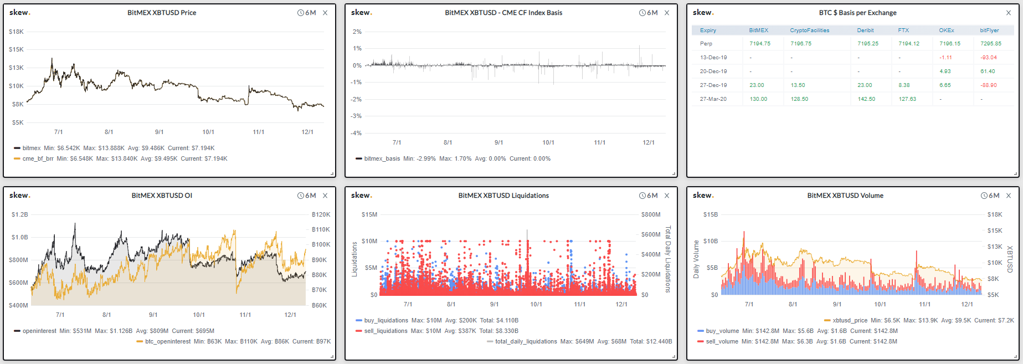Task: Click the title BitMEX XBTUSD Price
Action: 162,13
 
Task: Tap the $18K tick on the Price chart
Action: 16,32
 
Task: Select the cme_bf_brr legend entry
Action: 38,158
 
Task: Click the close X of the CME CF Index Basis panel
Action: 667,13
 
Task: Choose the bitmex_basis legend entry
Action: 382,158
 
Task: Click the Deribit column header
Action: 865,30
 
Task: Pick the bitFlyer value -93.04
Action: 988,58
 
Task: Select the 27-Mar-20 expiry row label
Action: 713,99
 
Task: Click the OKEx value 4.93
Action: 945,71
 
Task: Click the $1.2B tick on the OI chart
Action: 19,214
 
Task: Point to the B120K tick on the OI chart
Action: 321,214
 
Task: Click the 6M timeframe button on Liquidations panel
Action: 649,196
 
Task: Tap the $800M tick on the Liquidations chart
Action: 651,214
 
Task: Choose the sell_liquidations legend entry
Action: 385,331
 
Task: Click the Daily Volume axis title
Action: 696,259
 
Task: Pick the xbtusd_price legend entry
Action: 850,320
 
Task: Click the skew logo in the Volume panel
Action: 703,195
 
